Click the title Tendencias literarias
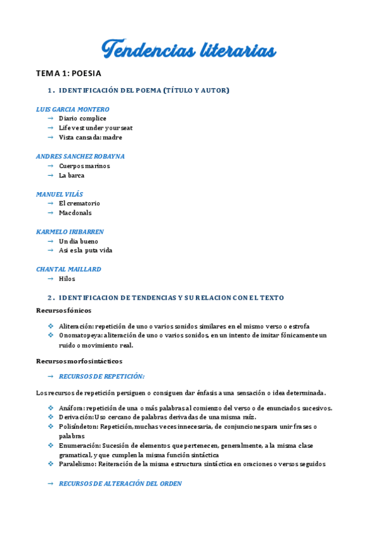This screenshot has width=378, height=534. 189,50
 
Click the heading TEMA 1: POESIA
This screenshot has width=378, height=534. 69,74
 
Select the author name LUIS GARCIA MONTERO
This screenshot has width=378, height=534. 73,109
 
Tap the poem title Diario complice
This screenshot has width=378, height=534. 83,118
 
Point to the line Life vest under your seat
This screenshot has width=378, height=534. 96,128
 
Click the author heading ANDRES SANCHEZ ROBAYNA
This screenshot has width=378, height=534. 80,156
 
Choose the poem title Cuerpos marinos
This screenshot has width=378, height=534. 84,166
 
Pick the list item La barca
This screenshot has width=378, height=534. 72,175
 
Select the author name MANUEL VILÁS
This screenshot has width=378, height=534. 60,194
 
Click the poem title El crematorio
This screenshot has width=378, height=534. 79,203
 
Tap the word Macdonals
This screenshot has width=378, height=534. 75,213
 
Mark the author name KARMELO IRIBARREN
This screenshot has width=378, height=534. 70,232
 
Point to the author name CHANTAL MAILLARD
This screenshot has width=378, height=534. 69,269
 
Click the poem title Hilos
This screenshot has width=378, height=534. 67,278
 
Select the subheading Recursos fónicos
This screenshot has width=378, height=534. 64,310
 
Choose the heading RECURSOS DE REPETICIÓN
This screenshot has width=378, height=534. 101,376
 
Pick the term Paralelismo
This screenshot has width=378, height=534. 76,464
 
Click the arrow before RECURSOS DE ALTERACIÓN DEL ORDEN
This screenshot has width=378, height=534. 50,484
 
